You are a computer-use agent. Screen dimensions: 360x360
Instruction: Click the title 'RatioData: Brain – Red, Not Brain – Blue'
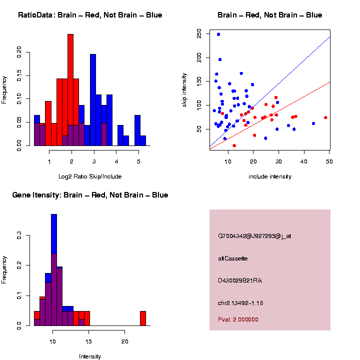[90, 15]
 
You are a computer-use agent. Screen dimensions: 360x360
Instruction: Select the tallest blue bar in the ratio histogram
[93, 100]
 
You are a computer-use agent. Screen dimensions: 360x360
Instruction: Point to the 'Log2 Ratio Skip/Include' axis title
[90, 176]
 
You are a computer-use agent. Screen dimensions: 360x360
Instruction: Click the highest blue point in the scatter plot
[218, 34]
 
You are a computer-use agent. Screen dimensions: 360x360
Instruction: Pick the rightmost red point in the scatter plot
[325, 117]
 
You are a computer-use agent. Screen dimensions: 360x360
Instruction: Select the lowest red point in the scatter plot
[234, 145]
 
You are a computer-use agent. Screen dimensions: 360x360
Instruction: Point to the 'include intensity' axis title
[270, 176]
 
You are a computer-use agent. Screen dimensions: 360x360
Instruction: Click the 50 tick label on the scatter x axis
[329, 161]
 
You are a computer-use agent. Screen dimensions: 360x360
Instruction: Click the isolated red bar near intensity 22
[143, 318]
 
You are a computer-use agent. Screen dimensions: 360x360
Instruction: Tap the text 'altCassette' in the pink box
[233, 258]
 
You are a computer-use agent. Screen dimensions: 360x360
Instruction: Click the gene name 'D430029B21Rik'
[240, 280]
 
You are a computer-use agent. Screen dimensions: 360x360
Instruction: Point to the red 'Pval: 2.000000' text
[238, 319]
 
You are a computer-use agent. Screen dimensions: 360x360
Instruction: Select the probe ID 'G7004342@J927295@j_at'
[254, 236]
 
